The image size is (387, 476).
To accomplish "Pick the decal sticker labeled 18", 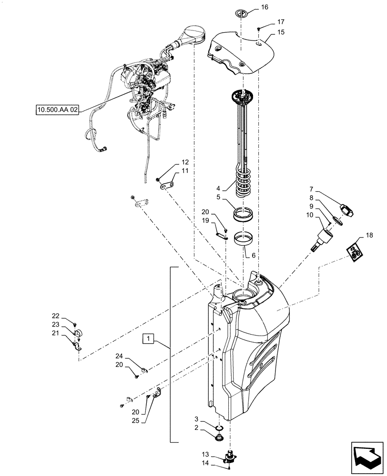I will point(354,251).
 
